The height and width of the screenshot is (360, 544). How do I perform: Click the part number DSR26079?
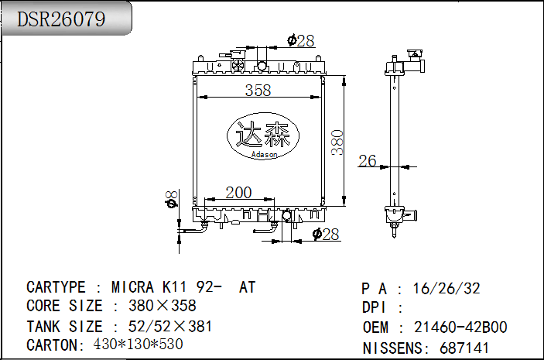(62, 19)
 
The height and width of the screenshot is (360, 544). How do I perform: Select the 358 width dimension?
(258, 90)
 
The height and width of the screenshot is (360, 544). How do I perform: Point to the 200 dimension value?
(238, 192)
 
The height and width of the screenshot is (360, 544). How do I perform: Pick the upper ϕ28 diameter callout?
(300, 40)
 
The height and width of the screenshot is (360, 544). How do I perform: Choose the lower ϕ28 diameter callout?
(326, 235)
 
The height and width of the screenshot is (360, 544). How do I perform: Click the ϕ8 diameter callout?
(172, 199)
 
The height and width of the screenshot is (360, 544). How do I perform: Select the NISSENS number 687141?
(464, 348)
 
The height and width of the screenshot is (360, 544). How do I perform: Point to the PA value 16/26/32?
(446, 289)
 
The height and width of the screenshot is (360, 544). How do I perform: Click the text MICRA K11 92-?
(168, 287)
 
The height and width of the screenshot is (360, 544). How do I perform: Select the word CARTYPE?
(55, 287)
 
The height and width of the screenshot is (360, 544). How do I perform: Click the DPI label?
(375, 308)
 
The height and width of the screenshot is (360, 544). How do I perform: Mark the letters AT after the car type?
(247, 287)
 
